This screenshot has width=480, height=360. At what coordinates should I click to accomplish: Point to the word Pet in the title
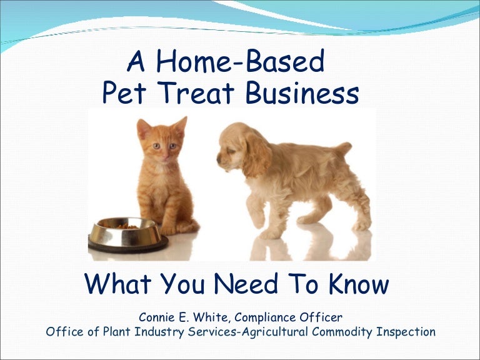(124, 93)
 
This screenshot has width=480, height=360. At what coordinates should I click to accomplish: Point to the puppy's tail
(343, 150)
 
